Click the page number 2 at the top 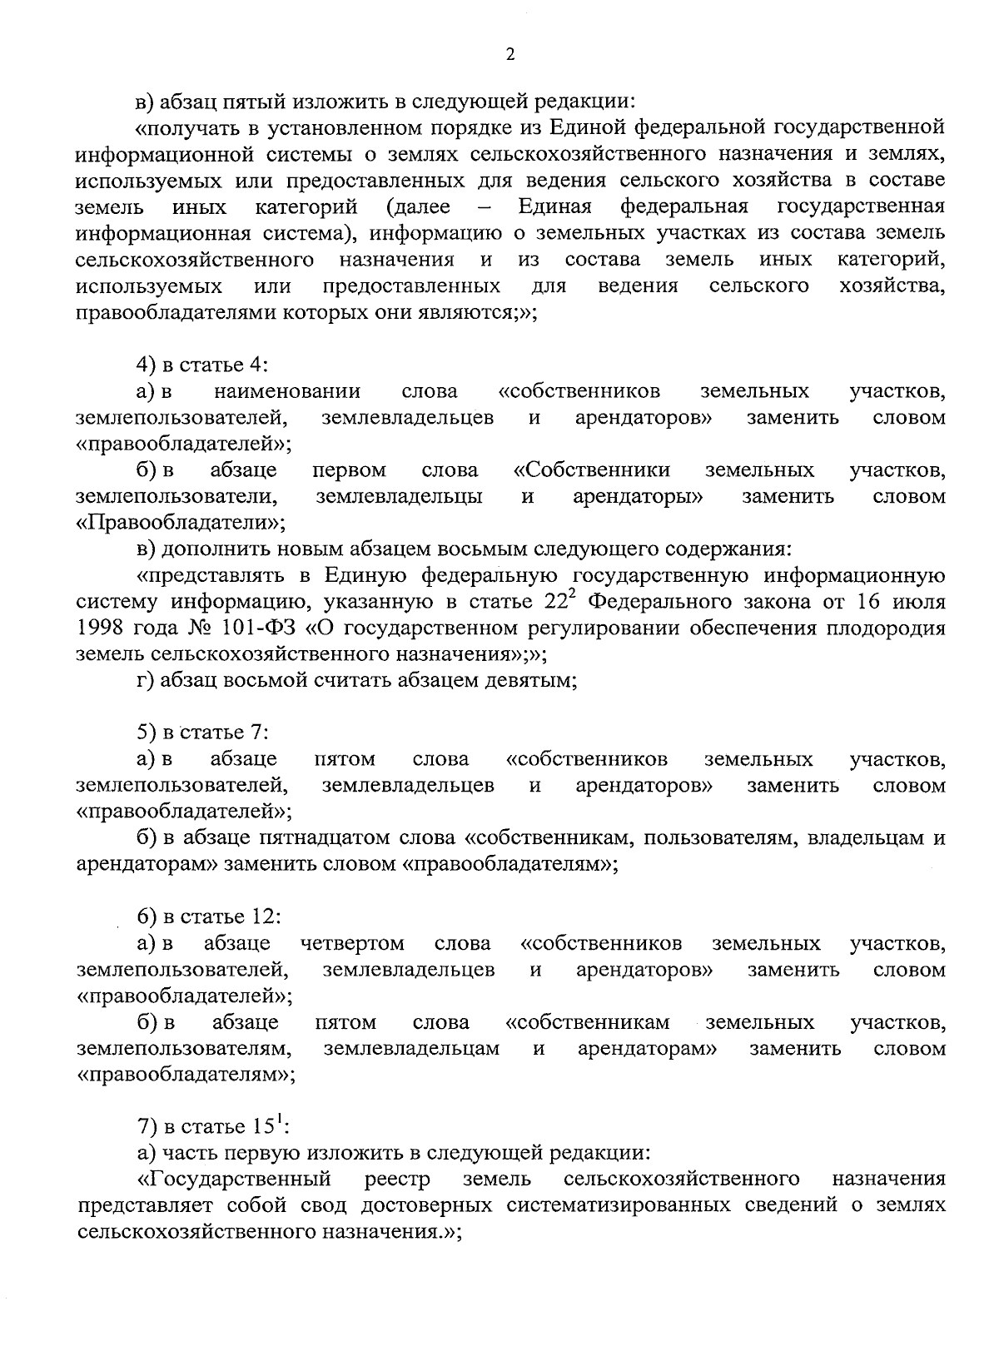point(509,55)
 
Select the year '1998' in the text point(98,628)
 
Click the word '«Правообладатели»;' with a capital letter point(181,523)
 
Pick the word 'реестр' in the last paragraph point(398,1180)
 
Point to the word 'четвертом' point(353,943)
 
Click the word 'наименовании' point(287,391)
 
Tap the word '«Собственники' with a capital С point(592,470)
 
